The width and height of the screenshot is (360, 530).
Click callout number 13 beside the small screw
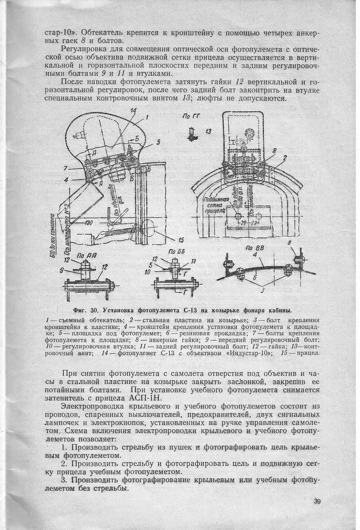[x=208, y=131]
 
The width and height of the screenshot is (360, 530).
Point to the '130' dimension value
[x=88, y=223]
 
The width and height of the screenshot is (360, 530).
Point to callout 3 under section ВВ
[x=262, y=291]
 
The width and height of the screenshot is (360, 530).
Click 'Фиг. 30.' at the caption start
[x=85, y=311]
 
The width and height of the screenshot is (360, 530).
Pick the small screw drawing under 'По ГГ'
[x=191, y=134]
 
